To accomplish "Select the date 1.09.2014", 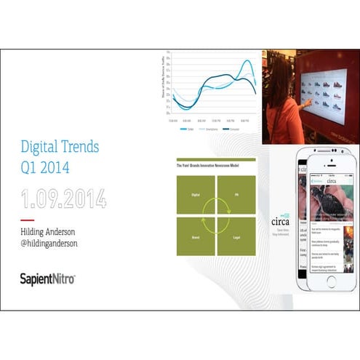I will pos(63,197).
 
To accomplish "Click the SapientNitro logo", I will pos(48,279).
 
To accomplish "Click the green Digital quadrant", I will pos(195,195).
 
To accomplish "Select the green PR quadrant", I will pos(236,195).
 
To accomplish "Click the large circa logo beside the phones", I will pos(280,221).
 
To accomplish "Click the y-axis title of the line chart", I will pos(166,82).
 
